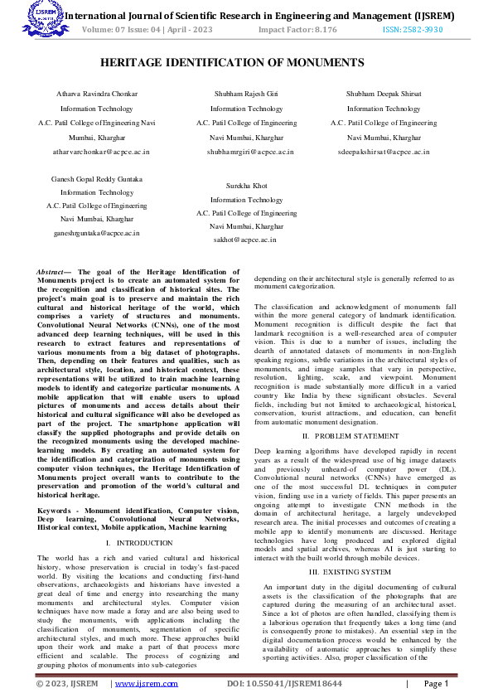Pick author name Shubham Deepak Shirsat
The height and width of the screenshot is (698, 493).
[384, 95]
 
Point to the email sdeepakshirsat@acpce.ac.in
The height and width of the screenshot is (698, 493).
[384, 152]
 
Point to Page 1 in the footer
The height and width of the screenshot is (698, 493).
[436, 684]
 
